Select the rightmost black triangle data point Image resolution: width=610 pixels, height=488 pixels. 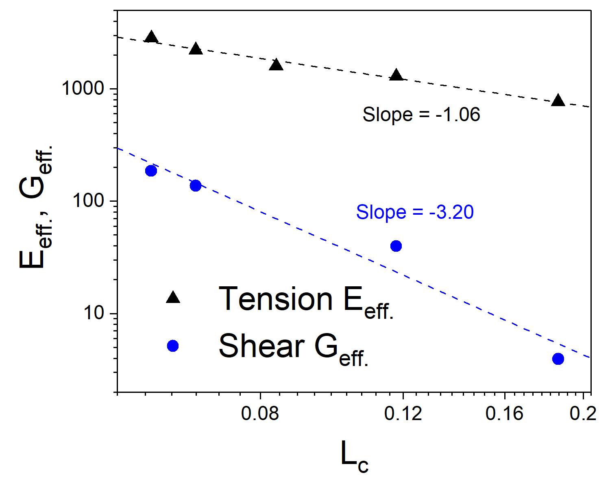(x=558, y=100)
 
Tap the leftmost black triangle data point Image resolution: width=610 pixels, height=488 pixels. (x=151, y=37)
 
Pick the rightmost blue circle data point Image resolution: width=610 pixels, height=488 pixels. (x=558, y=359)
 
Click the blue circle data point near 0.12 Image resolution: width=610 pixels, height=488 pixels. (x=396, y=246)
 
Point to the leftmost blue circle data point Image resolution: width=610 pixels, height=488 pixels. (x=151, y=171)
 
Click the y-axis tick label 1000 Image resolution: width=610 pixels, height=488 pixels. (x=83, y=89)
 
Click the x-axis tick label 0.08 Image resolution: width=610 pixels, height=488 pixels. (x=260, y=414)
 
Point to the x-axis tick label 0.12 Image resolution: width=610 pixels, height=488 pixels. (x=403, y=414)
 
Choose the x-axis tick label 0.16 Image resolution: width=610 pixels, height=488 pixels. (x=505, y=414)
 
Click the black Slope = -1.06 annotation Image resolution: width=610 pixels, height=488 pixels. (x=421, y=115)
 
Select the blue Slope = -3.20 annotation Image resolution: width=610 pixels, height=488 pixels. (x=415, y=212)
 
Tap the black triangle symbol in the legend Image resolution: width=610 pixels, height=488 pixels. (x=173, y=297)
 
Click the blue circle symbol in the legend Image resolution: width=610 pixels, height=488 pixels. (x=173, y=346)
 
